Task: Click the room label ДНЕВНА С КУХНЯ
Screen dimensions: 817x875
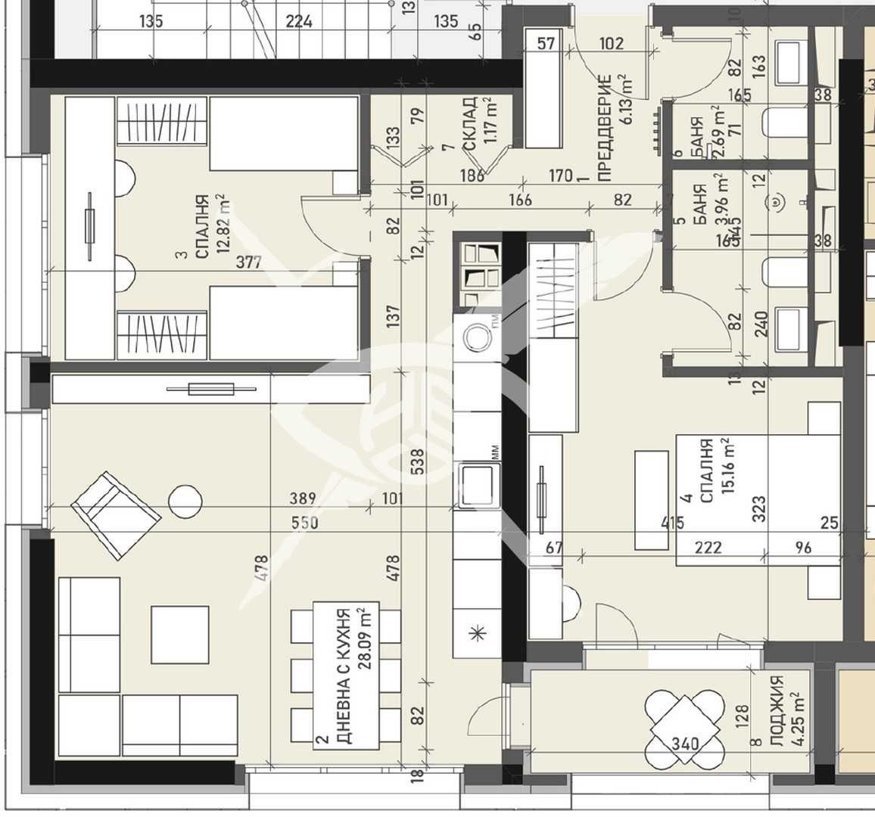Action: [342, 676]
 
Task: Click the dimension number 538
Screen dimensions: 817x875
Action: [416, 458]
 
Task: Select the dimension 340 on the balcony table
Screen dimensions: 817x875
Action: [684, 744]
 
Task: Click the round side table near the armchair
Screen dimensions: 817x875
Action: [185, 500]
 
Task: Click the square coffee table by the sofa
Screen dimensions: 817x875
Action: [179, 634]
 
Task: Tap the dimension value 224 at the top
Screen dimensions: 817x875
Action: [299, 21]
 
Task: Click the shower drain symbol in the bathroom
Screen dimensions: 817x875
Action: [776, 201]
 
